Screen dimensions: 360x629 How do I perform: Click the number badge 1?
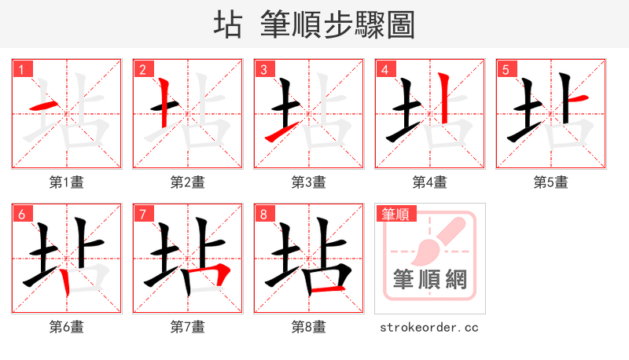[22, 70]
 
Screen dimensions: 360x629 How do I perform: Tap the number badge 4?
[385, 70]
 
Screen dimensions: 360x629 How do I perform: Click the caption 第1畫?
[67, 182]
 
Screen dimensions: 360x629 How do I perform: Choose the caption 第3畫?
[309, 182]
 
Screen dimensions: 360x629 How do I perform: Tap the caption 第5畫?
[551, 182]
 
